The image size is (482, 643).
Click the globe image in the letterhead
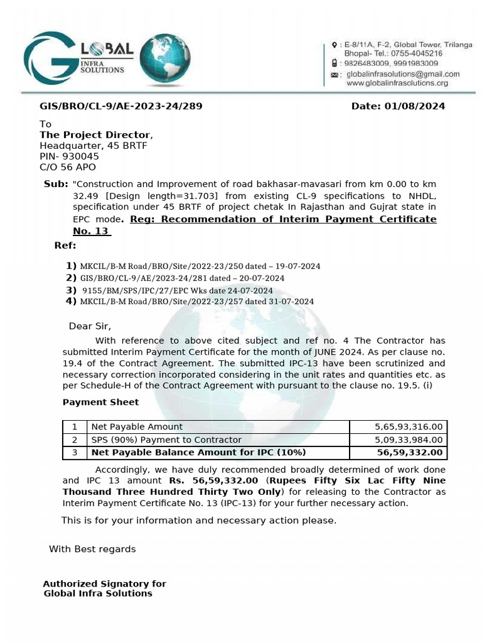coord(166,60)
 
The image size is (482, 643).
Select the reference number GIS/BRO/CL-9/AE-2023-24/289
coord(121,106)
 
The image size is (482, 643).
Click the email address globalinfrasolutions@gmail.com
coord(402,73)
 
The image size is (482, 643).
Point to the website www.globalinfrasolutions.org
coord(397,83)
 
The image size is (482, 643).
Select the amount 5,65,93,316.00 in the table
coord(409,427)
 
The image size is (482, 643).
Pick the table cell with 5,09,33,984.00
coord(409,440)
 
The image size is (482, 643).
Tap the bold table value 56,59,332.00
coord(409,453)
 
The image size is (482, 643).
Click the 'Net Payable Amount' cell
coord(137,427)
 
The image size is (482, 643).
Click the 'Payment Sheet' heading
coord(100,402)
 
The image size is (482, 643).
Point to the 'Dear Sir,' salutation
coord(90,326)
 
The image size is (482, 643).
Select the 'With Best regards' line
coord(92,549)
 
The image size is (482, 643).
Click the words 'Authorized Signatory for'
coord(104,584)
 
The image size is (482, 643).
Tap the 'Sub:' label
coord(56,184)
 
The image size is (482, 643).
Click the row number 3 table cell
coord(74,453)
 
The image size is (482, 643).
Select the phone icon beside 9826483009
coord(335,63)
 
